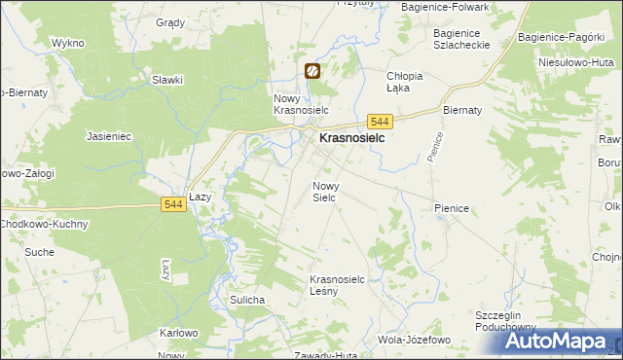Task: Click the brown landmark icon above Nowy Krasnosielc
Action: (x=312, y=71)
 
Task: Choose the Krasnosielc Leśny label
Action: (x=337, y=284)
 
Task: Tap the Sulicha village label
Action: (x=247, y=300)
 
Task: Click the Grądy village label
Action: (x=170, y=21)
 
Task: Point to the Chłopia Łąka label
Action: (x=405, y=82)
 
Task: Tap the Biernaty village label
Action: (x=463, y=110)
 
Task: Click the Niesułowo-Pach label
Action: (x=580, y=61)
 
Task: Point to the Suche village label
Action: (x=40, y=252)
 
